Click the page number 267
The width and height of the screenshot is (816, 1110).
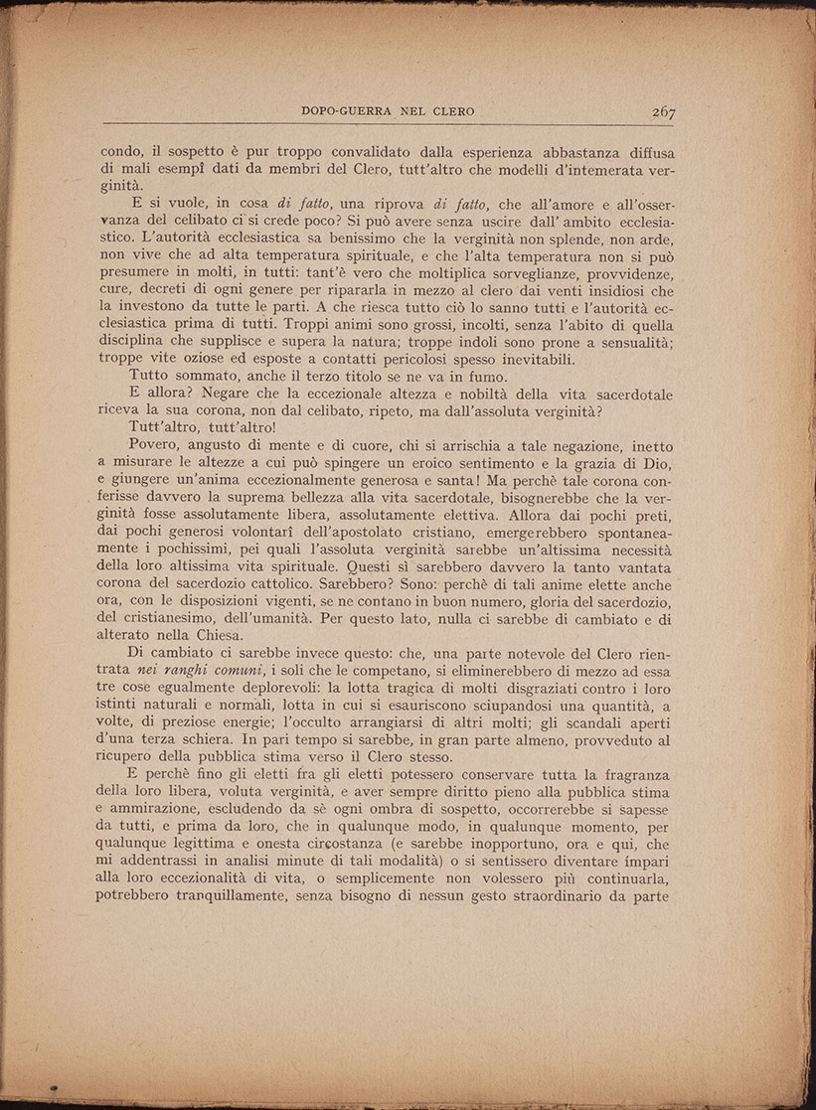(x=663, y=111)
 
